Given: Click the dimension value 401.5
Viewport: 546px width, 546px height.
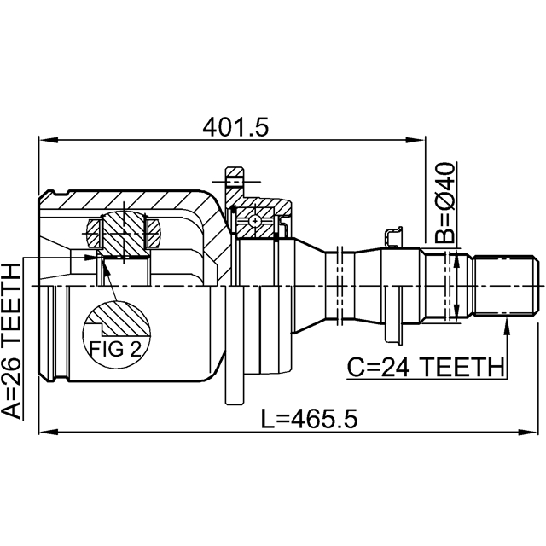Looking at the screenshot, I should tap(236, 126).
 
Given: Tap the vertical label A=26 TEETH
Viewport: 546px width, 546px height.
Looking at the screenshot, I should tap(15, 340).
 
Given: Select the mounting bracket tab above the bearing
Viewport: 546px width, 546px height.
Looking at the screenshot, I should tap(234, 180).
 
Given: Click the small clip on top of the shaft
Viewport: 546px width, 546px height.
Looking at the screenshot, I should tap(394, 236).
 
